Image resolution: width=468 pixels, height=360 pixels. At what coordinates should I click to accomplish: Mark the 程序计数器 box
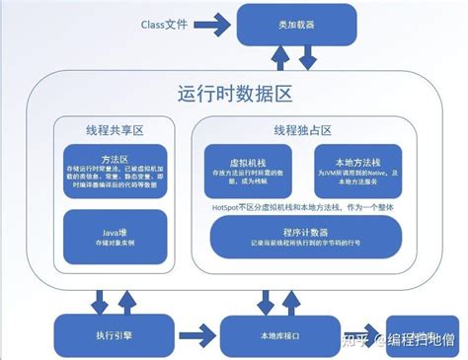click(x=305, y=235)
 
